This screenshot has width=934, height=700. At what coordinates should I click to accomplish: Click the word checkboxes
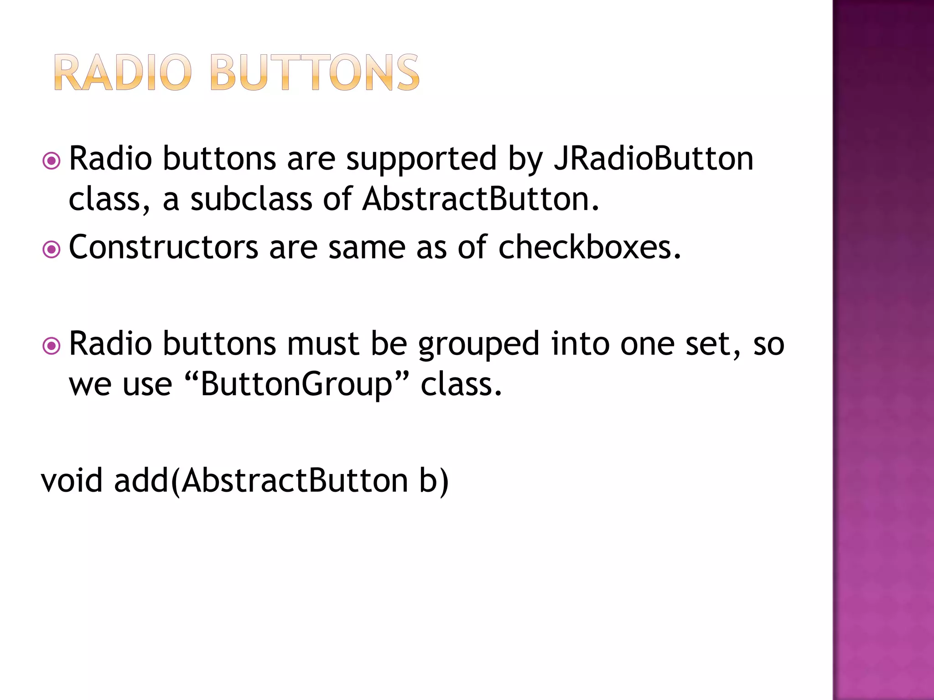tap(589, 247)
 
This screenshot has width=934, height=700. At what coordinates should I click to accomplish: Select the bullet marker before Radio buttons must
tap(51, 346)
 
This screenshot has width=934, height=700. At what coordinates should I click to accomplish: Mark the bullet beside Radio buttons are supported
tap(51, 161)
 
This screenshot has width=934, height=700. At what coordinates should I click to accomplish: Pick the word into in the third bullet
tap(580, 344)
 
